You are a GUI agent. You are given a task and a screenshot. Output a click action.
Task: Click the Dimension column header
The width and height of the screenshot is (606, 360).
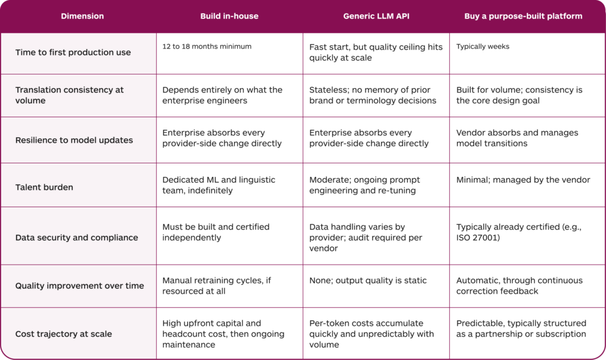(x=82, y=16)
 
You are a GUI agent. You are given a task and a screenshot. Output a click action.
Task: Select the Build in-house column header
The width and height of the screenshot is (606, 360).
(x=229, y=16)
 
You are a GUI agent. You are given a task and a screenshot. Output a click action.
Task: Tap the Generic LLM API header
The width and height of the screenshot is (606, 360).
(x=376, y=16)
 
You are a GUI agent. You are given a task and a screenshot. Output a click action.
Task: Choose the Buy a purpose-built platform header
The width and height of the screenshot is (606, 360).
(x=523, y=16)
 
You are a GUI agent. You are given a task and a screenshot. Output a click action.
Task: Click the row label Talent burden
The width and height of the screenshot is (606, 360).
(x=44, y=187)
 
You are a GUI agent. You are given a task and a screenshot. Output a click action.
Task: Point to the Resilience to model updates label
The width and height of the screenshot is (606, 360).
(x=74, y=140)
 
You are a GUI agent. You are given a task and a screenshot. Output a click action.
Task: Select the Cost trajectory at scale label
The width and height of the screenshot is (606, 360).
(x=64, y=334)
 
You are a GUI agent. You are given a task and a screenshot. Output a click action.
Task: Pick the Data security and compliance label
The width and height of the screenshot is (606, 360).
(x=76, y=237)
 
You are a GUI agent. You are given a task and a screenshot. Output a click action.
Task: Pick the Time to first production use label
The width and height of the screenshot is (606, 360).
(x=73, y=52)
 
